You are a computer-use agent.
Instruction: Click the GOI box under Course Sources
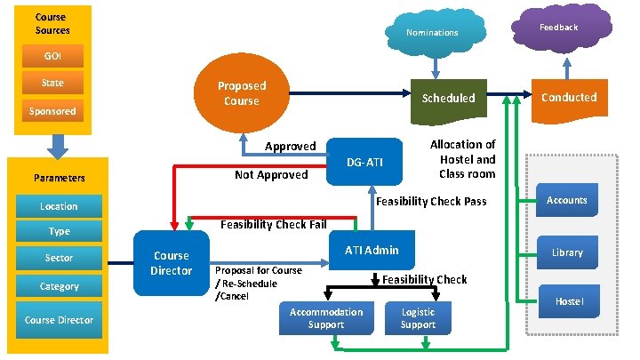click(x=52, y=56)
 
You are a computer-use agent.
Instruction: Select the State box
click(x=52, y=84)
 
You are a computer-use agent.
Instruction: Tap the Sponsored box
click(x=52, y=112)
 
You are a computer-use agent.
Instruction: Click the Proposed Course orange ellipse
click(x=241, y=93)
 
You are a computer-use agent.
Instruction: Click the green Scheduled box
click(x=448, y=99)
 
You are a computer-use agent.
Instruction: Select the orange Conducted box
click(x=568, y=98)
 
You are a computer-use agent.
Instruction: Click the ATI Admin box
click(x=372, y=251)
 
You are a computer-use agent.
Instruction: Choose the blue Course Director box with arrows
click(x=172, y=262)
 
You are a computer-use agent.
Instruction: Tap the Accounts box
click(x=567, y=201)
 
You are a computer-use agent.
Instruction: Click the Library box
click(x=567, y=252)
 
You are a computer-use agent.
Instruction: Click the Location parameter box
click(x=59, y=206)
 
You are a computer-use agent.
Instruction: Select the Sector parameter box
click(x=59, y=258)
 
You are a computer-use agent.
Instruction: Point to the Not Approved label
click(x=270, y=175)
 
